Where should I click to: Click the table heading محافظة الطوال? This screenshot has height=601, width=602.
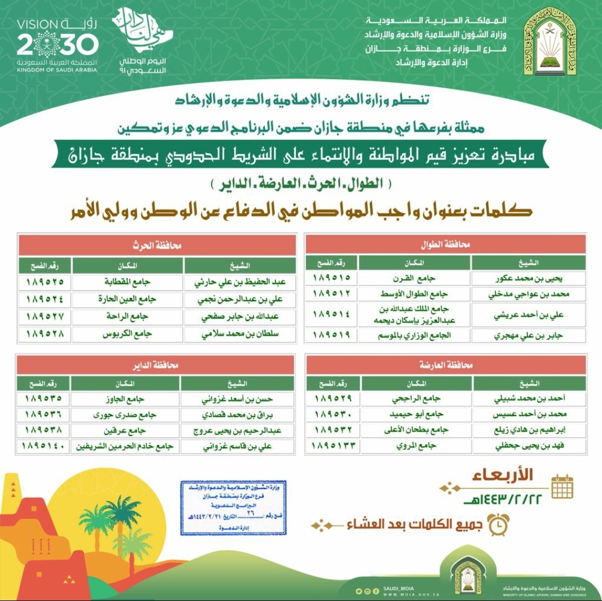[x=445, y=244]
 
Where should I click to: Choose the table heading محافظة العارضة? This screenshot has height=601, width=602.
[x=445, y=365]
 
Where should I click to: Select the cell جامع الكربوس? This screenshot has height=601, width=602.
[x=128, y=335]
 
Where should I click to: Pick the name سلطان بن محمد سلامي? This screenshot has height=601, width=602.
[x=239, y=335]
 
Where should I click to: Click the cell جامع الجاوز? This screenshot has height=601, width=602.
[x=125, y=399]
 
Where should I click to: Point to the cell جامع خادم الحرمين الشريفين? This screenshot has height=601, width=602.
[x=125, y=447]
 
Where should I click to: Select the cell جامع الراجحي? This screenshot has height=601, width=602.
[x=416, y=399]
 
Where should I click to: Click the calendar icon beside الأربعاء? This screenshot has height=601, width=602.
[x=562, y=486]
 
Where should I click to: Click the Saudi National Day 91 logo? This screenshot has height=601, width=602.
[x=144, y=41]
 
